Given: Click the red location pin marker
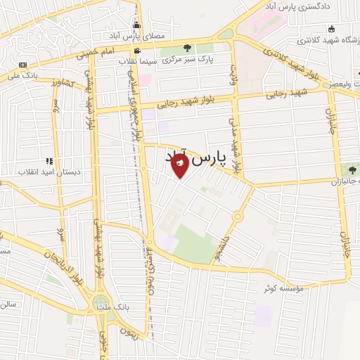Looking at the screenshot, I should [181, 165].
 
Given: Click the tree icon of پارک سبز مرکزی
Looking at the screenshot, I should [187, 48].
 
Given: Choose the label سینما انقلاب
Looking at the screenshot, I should [137, 62].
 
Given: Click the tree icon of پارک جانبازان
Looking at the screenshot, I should [352, 168].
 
